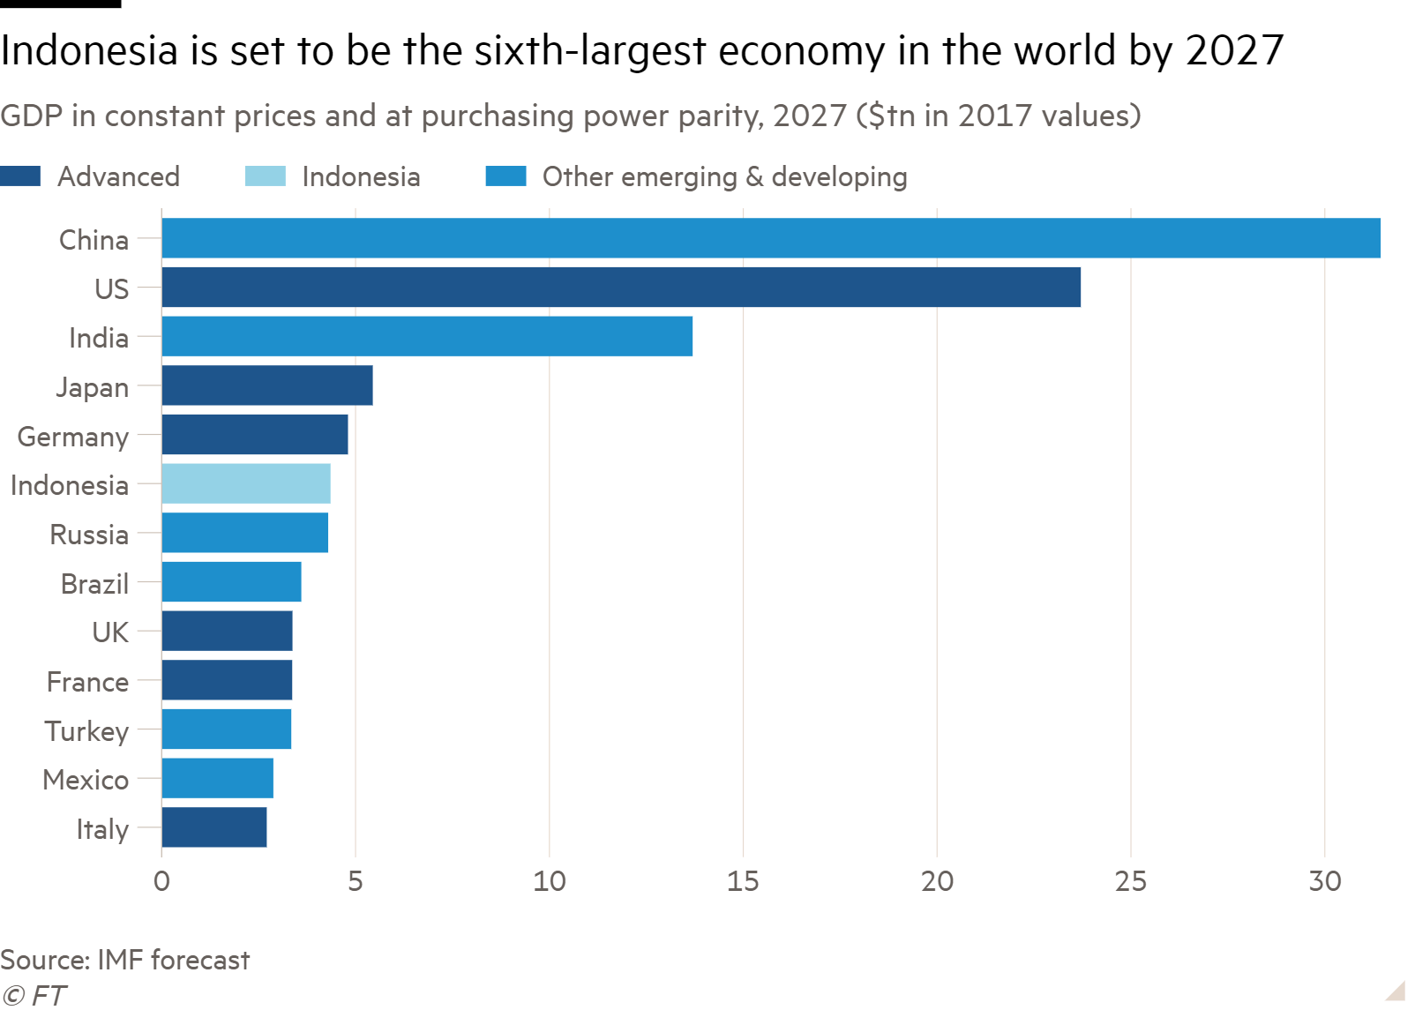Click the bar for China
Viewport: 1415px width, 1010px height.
point(770,238)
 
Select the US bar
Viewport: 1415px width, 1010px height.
point(621,288)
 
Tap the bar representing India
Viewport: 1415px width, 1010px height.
point(427,336)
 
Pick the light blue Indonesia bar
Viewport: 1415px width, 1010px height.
point(246,483)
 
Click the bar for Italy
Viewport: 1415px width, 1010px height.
point(214,827)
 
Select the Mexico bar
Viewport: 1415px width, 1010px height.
point(217,778)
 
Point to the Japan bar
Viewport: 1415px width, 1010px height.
point(267,385)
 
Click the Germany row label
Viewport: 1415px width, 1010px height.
point(73,437)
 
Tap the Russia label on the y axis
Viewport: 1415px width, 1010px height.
point(89,535)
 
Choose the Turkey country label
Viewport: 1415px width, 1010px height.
point(87,731)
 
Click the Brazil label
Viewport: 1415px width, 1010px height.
point(94,584)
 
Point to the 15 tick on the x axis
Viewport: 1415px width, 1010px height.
point(743,881)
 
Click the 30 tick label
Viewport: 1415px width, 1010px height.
point(1324,881)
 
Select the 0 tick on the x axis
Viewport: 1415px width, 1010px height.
point(161,881)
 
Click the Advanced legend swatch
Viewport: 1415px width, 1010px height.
point(20,176)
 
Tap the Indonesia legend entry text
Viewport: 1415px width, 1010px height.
point(361,176)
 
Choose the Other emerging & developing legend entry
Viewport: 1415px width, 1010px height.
point(724,176)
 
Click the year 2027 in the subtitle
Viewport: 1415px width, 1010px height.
point(809,116)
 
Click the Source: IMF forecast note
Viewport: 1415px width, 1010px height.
point(125,960)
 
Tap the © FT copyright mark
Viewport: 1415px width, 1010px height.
point(34,996)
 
